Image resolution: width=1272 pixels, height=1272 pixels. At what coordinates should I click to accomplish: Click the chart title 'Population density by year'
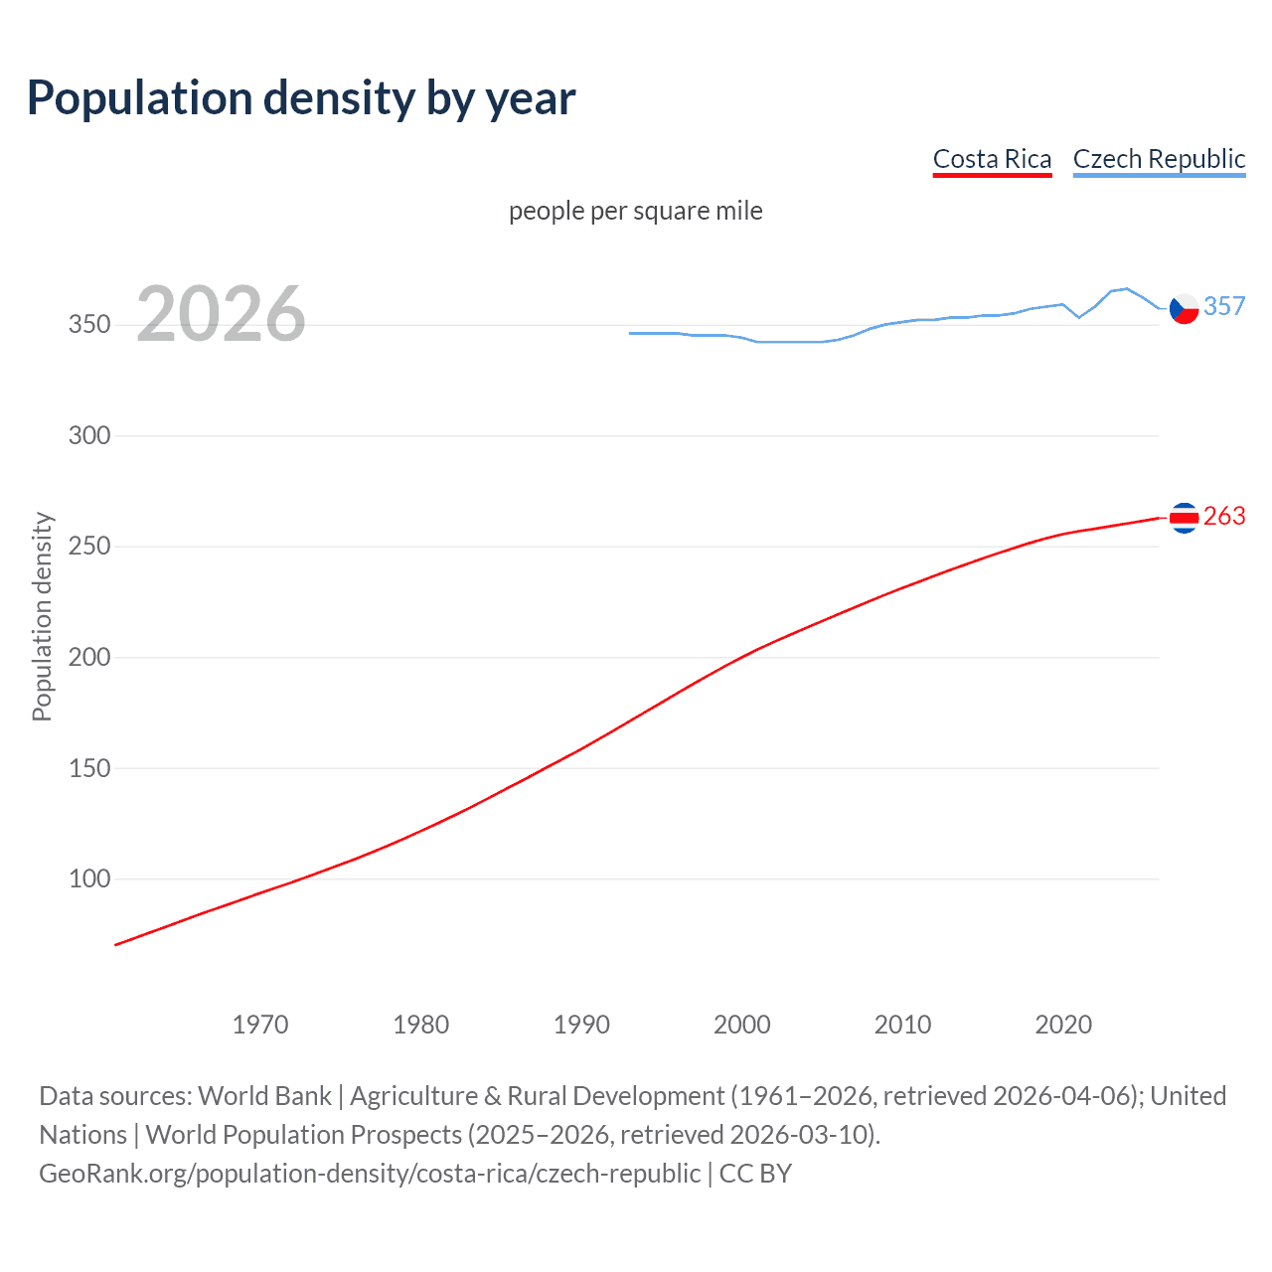301,98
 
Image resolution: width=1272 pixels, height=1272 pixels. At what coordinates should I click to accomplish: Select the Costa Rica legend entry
992,159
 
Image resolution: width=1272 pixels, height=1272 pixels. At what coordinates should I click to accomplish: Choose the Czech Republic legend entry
1159,159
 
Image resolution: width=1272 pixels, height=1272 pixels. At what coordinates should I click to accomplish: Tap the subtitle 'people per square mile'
635,211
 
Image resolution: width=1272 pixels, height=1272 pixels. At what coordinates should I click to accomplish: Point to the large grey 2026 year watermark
221,314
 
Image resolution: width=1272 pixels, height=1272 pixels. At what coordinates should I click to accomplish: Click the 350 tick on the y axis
89,325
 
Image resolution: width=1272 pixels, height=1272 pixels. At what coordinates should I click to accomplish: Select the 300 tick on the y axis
89,435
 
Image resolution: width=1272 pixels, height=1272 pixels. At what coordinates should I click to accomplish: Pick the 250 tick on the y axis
89,547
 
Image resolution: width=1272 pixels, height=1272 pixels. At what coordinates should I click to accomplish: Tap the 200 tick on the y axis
89,657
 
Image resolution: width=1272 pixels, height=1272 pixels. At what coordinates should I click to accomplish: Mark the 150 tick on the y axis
89,768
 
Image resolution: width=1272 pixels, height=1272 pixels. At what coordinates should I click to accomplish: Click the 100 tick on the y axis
89,878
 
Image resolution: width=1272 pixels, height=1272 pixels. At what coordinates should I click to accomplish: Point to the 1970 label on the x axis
260,1025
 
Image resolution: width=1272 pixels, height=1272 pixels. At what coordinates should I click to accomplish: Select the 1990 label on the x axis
581,1025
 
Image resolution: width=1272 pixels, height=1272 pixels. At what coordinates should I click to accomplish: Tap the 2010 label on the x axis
902,1025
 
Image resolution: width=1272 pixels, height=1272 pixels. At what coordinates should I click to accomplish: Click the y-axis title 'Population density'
42,616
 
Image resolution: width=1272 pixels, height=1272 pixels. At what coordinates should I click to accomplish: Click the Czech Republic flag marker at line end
1184,309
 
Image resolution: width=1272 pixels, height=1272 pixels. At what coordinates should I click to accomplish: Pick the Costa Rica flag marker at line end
1184,517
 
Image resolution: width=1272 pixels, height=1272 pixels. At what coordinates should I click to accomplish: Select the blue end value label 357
1224,306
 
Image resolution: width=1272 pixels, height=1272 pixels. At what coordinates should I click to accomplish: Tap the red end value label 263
1224,516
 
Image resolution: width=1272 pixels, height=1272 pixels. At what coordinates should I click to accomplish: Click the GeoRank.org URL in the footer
370,1174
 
